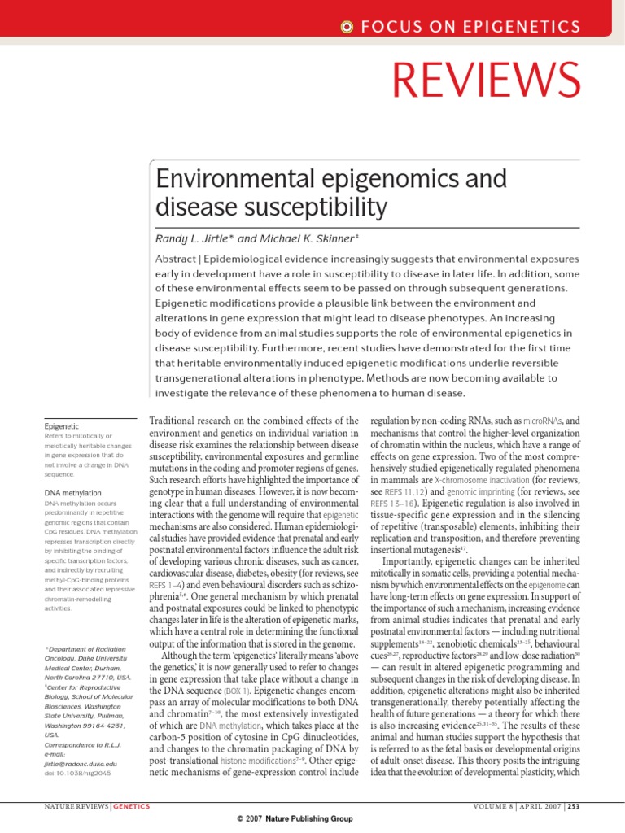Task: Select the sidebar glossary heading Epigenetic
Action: pos(61,425)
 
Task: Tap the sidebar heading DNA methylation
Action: pos(72,493)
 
